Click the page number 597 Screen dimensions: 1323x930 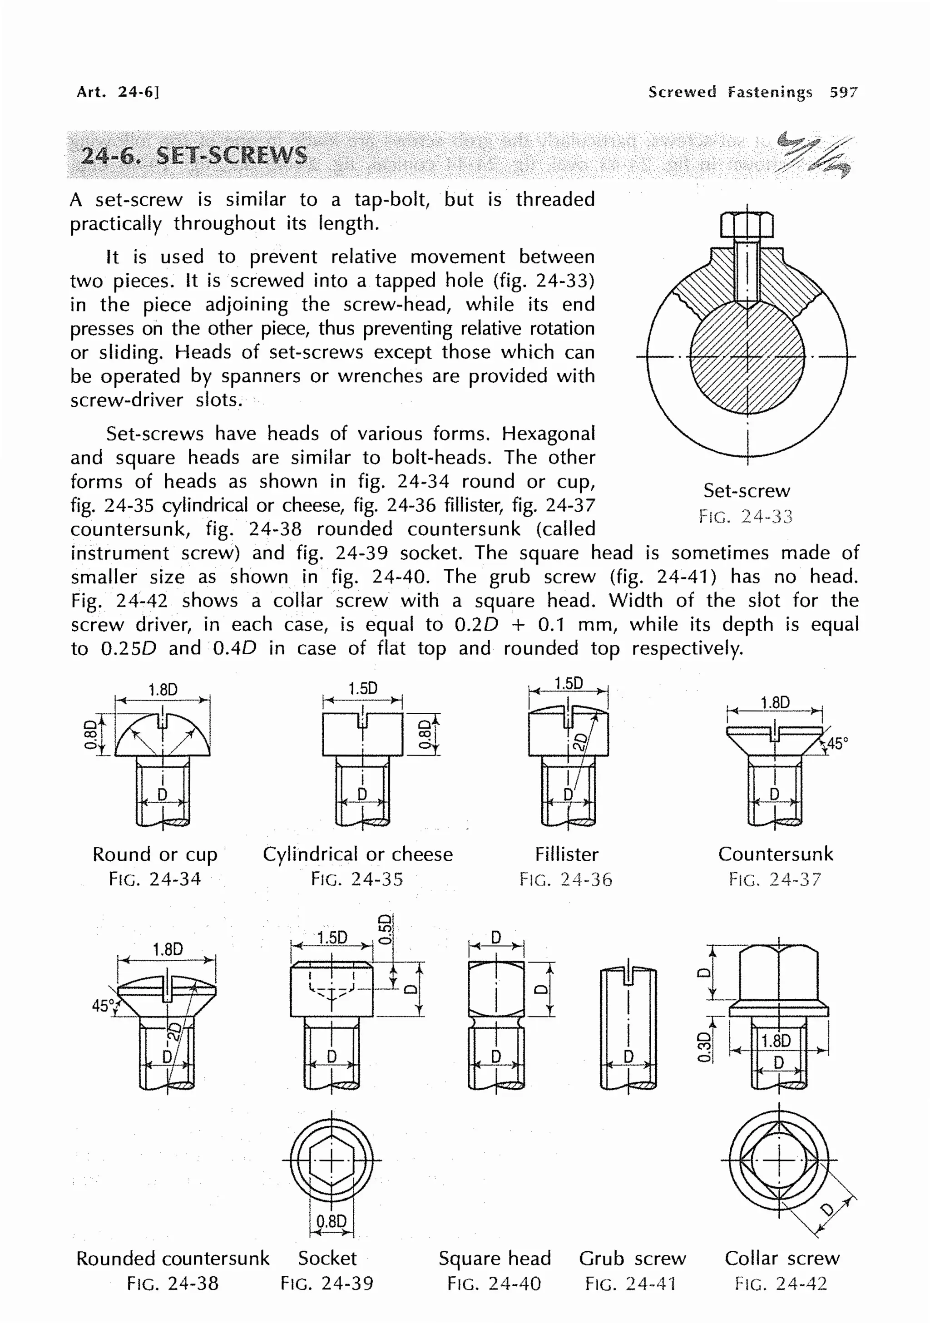tap(843, 92)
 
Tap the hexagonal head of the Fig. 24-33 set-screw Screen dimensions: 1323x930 tap(747, 225)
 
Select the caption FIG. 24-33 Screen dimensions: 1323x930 tap(746, 516)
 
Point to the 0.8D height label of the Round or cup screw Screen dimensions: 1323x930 tap(90, 735)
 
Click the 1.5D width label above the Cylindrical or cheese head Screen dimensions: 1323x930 tap(362, 689)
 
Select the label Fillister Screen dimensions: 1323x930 tap(566, 854)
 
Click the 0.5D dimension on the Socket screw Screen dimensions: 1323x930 tap(386, 929)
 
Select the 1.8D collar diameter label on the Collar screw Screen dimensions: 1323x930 tap(776, 1041)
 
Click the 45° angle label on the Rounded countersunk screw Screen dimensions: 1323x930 tap(103, 1006)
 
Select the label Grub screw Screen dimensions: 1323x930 tap(632, 1259)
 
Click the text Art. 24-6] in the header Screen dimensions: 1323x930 tap(118, 92)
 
